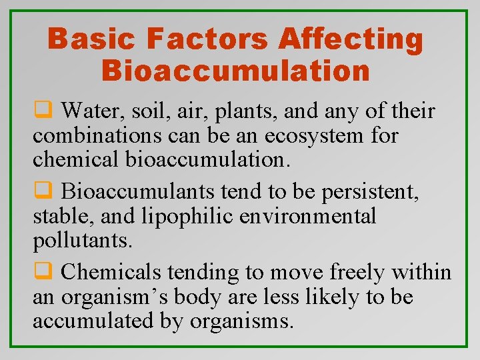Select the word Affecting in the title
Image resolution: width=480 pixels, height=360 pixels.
[351, 39]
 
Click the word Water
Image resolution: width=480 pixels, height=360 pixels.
[91, 111]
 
